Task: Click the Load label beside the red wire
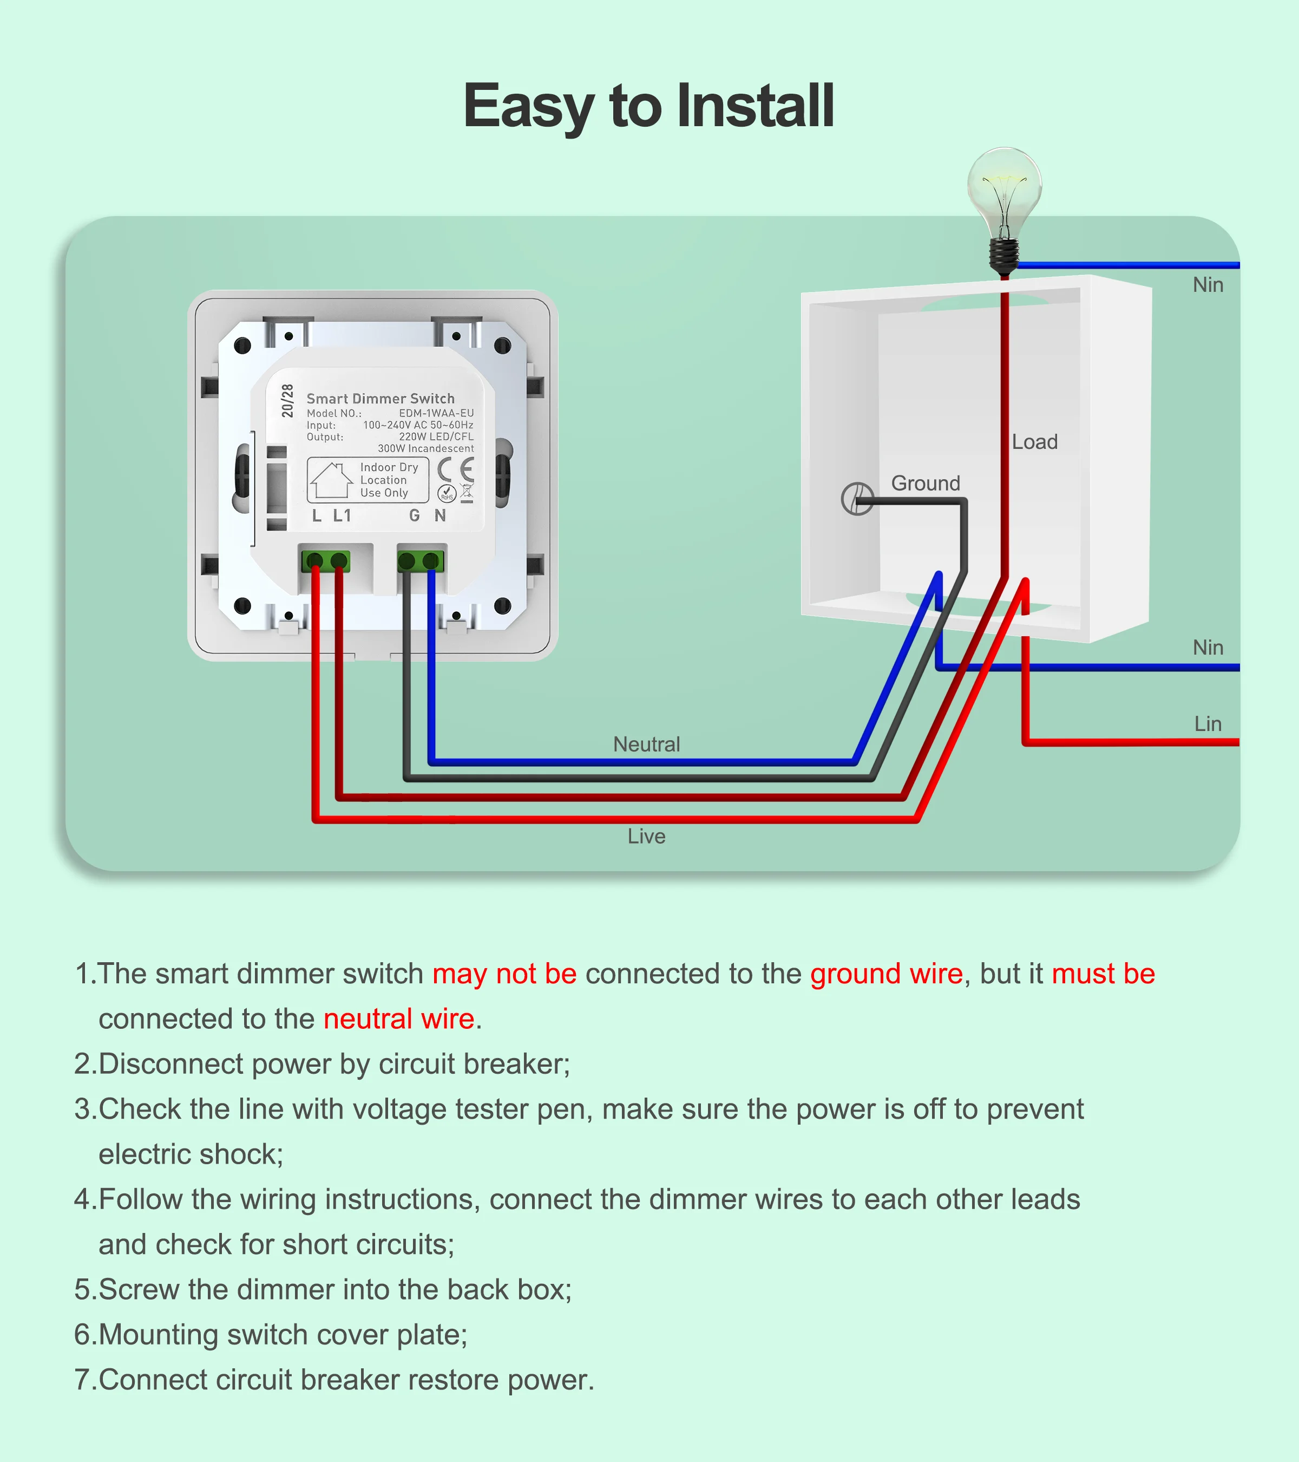1034,442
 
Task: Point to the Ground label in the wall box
925,484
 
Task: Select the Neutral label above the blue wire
646,745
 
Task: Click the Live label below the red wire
646,836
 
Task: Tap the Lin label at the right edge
1208,724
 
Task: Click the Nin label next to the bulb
1208,285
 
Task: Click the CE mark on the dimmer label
455,470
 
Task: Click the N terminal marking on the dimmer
441,515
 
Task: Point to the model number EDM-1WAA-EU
436,414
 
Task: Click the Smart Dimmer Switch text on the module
380,399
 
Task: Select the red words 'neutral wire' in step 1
399,1019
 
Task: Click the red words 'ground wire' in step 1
887,974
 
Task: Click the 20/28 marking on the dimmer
287,401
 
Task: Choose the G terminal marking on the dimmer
414,515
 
